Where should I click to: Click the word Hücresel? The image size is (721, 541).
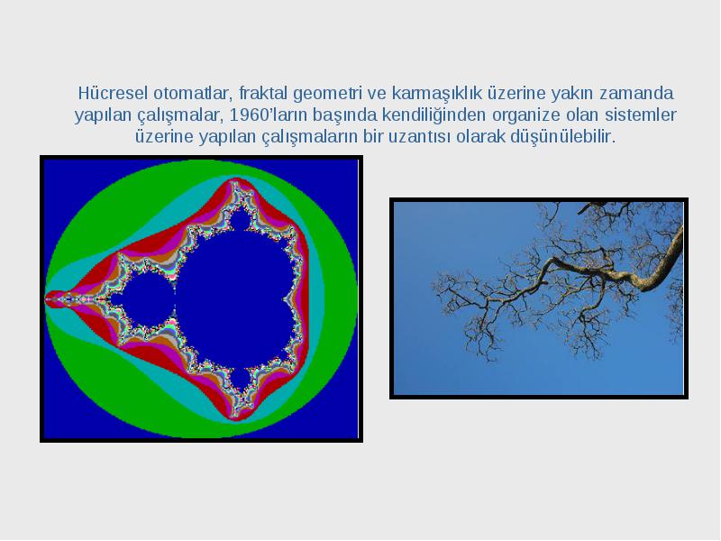[113, 93]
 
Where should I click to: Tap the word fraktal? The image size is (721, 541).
[263, 93]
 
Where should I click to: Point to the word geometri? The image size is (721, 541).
[326, 95]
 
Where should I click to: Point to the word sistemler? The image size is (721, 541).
[641, 115]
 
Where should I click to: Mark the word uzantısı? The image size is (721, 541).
[419, 137]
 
